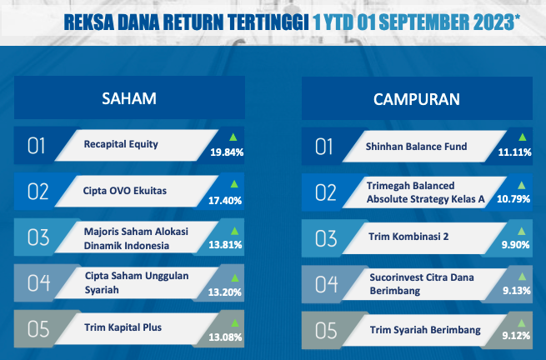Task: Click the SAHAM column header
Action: coord(129,98)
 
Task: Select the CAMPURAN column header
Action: coord(417,99)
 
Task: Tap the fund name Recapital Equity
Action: coord(121,144)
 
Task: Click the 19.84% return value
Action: coord(227,152)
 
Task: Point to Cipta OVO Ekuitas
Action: coord(125,191)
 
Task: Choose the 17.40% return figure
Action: coord(225,201)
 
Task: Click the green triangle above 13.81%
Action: coord(235,231)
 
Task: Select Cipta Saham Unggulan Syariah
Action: coord(137,282)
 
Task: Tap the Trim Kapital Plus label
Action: coord(123,327)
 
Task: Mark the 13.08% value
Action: coord(225,337)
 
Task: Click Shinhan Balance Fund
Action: coord(416,147)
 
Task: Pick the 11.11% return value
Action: coord(514,152)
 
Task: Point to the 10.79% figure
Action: coord(513,199)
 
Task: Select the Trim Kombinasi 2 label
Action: coord(408,237)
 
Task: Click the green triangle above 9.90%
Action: coord(521,231)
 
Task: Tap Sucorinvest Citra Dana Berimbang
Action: coord(422,284)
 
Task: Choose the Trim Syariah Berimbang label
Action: coord(425,330)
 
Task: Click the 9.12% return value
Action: coord(516,336)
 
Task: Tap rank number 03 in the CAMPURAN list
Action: coord(326,238)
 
